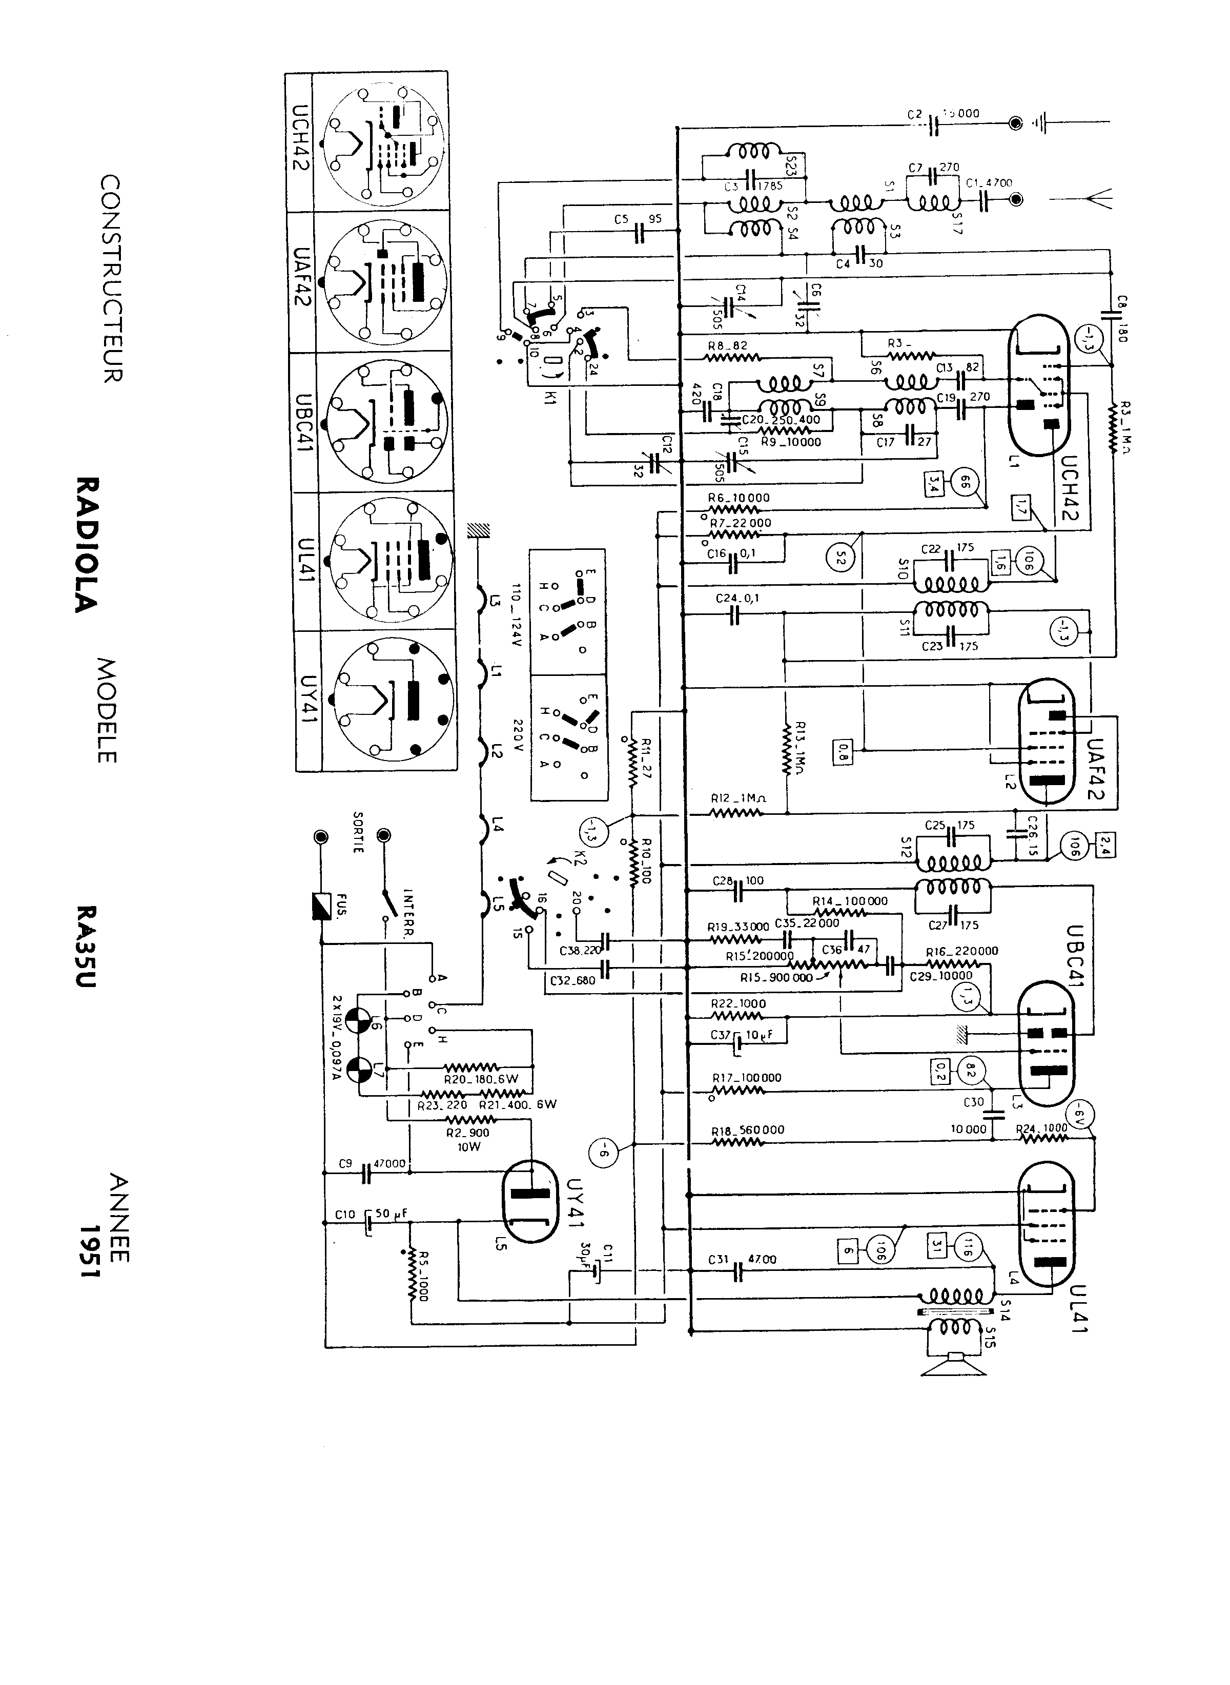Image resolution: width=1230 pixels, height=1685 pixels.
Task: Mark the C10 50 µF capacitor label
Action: click(x=368, y=1215)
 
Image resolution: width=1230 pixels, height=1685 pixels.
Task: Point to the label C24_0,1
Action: click(x=737, y=598)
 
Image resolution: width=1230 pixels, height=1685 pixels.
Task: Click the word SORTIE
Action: click(x=359, y=832)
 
